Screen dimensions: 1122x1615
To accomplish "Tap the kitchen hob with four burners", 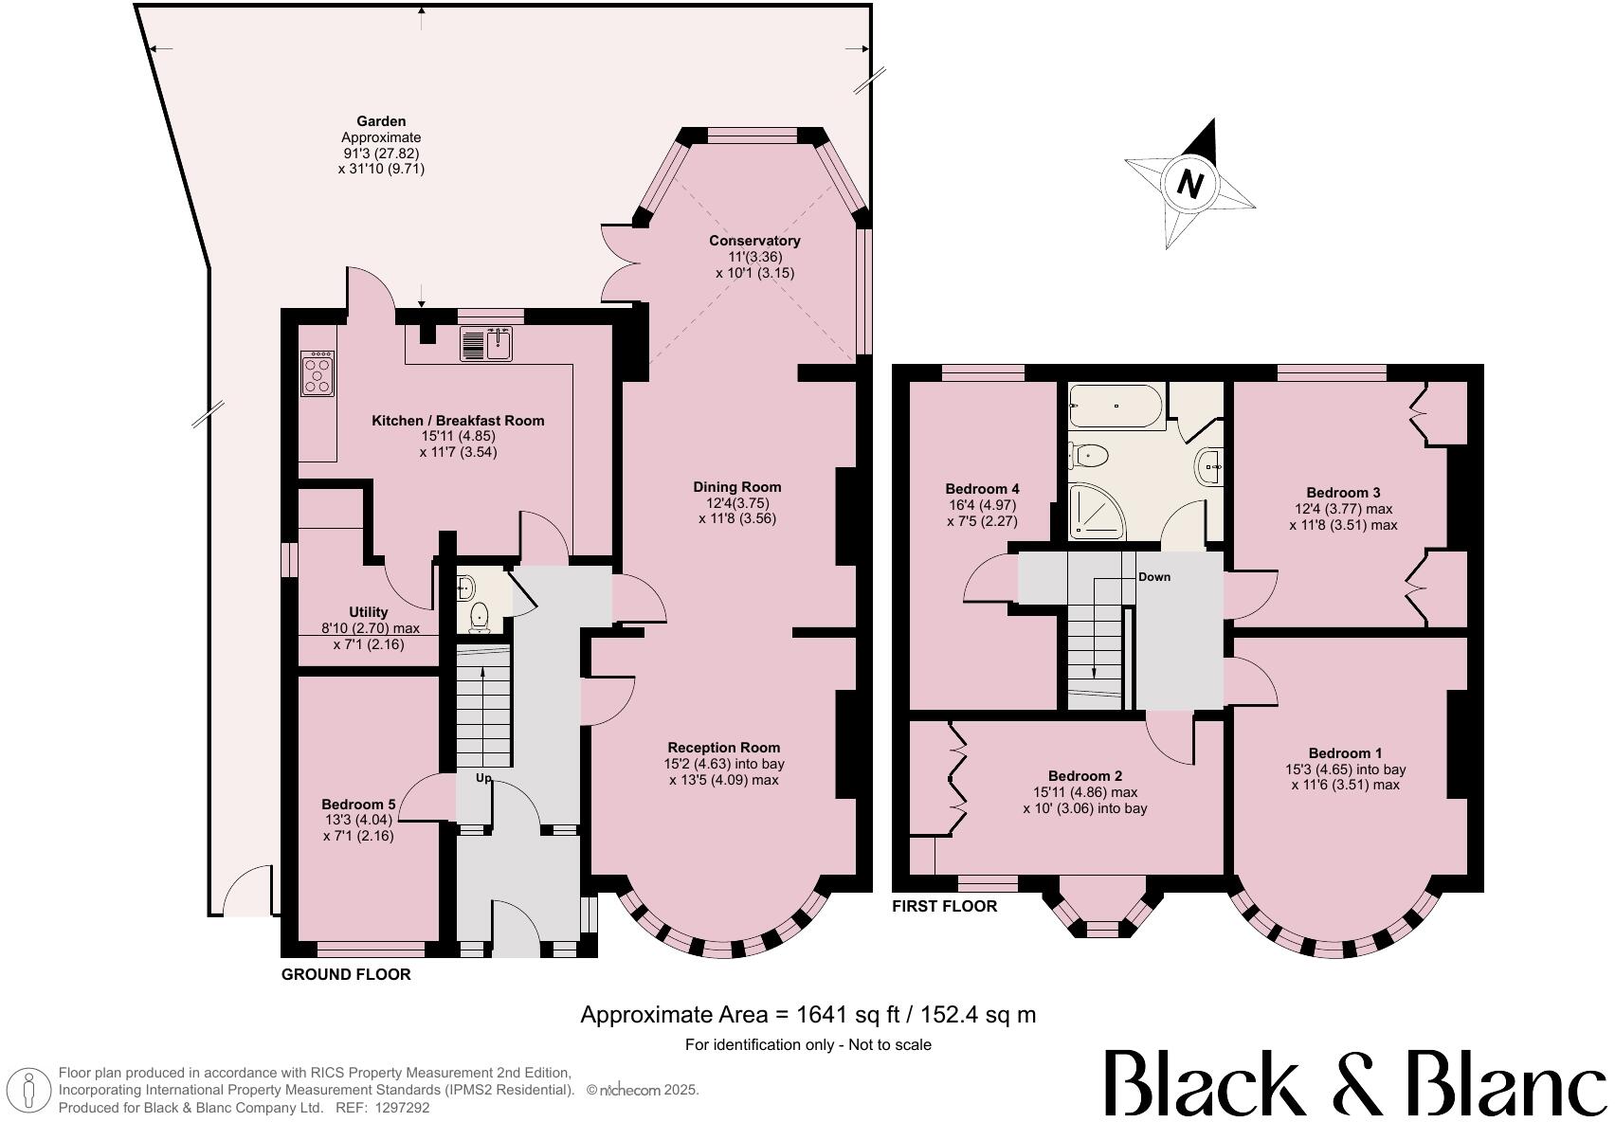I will tap(318, 373).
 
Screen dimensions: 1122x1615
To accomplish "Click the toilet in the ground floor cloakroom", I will tap(480, 615).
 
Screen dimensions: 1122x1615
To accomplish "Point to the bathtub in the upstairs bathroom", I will tap(1115, 406).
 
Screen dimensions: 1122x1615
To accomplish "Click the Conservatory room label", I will tap(754, 241).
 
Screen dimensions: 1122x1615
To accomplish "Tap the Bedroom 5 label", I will tap(358, 804).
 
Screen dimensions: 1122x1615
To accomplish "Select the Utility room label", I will tap(368, 612).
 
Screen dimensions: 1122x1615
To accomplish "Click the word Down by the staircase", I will tap(1153, 576).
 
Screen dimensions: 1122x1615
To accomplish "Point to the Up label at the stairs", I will tap(483, 778).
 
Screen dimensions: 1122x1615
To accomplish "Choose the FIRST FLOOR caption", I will tap(944, 906).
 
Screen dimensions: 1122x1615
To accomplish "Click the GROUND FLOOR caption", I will tap(346, 974).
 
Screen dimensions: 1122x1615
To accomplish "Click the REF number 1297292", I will tap(405, 1107).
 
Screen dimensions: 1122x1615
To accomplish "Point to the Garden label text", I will tap(381, 121).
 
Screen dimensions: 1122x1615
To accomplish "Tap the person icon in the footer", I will tap(29, 1090).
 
